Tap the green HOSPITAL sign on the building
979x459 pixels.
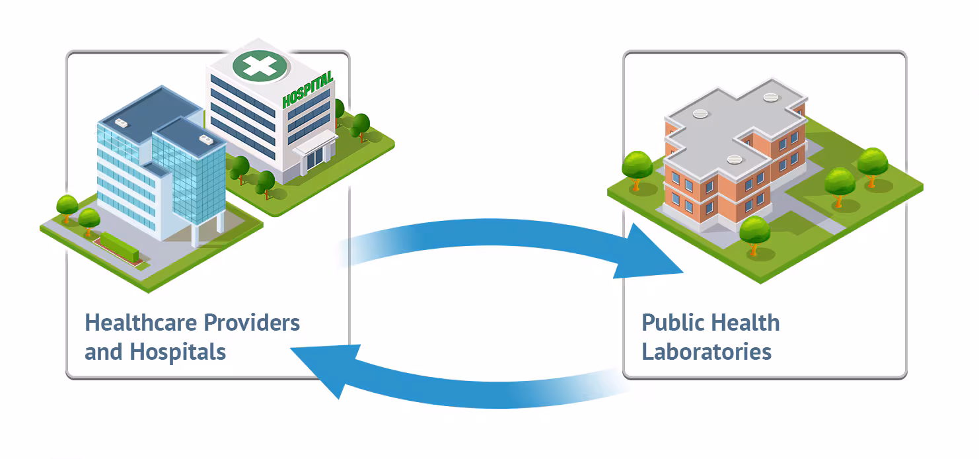click(x=307, y=91)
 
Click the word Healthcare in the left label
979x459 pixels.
click(x=141, y=323)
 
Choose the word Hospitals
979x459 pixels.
click(x=178, y=351)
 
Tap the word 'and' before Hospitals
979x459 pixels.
click(x=103, y=351)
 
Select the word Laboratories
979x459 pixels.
click(x=706, y=351)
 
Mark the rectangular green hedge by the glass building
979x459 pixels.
click(x=119, y=245)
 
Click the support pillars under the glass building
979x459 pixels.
click(x=198, y=234)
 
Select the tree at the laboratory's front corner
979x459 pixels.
click(x=754, y=232)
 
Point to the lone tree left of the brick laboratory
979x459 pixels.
click(x=637, y=167)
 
